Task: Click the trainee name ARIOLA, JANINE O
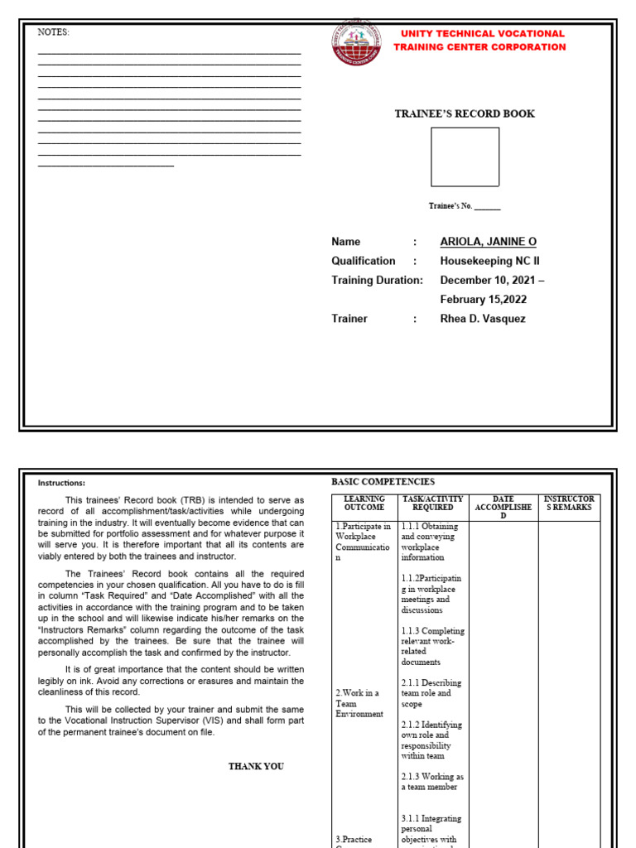click(x=488, y=242)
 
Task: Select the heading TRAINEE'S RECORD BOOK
click(x=464, y=113)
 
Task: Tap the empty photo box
click(x=465, y=157)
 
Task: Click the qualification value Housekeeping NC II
click(x=489, y=261)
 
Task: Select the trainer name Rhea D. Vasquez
click(x=482, y=319)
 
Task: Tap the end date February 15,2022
click(x=483, y=300)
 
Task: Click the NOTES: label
click(x=54, y=32)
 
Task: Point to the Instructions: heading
click(x=61, y=483)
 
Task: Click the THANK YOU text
click(x=256, y=766)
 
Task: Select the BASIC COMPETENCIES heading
click(x=383, y=481)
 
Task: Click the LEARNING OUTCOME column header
click(x=364, y=503)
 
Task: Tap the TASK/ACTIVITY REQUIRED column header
click(x=431, y=503)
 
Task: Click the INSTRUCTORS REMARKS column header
click(x=569, y=503)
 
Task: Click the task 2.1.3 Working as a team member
click(x=431, y=782)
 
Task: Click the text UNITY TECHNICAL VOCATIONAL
click(x=482, y=34)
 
